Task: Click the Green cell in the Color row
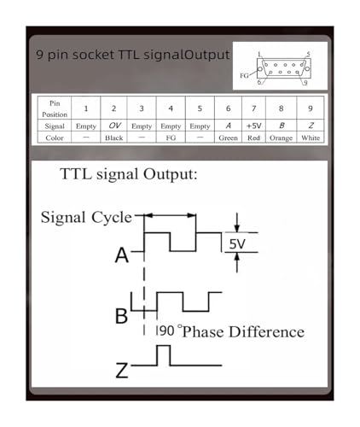pyautogui.click(x=228, y=137)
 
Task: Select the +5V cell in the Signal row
pyautogui.click(x=253, y=126)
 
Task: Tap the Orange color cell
pyautogui.click(x=281, y=138)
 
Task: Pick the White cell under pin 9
pyautogui.click(x=311, y=137)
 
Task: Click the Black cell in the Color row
pyautogui.click(x=113, y=137)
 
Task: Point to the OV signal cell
pyautogui.click(x=114, y=126)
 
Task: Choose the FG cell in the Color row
pyautogui.click(x=171, y=137)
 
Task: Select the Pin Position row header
pyautogui.click(x=55, y=108)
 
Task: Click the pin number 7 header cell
pyautogui.click(x=253, y=108)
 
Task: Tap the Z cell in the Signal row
pyautogui.click(x=311, y=126)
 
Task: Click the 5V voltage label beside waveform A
pyautogui.click(x=237, y=244)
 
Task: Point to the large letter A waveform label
pyautogui.click(x=122, y=255)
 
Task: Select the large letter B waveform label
pyautogui.click(x=121, y=316)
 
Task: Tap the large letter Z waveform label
pyautogui.click(x=122, y=370)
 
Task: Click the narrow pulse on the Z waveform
pyautogui.click(x=164, y=346)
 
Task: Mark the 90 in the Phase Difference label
pyautogui.click(x=166, y=330)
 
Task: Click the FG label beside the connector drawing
pyautogui.click(x=244, y=76)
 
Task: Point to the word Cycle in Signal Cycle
pyautogui.click(x=112, y=218)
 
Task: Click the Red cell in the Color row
pyautogui.click(x=253, y=137)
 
